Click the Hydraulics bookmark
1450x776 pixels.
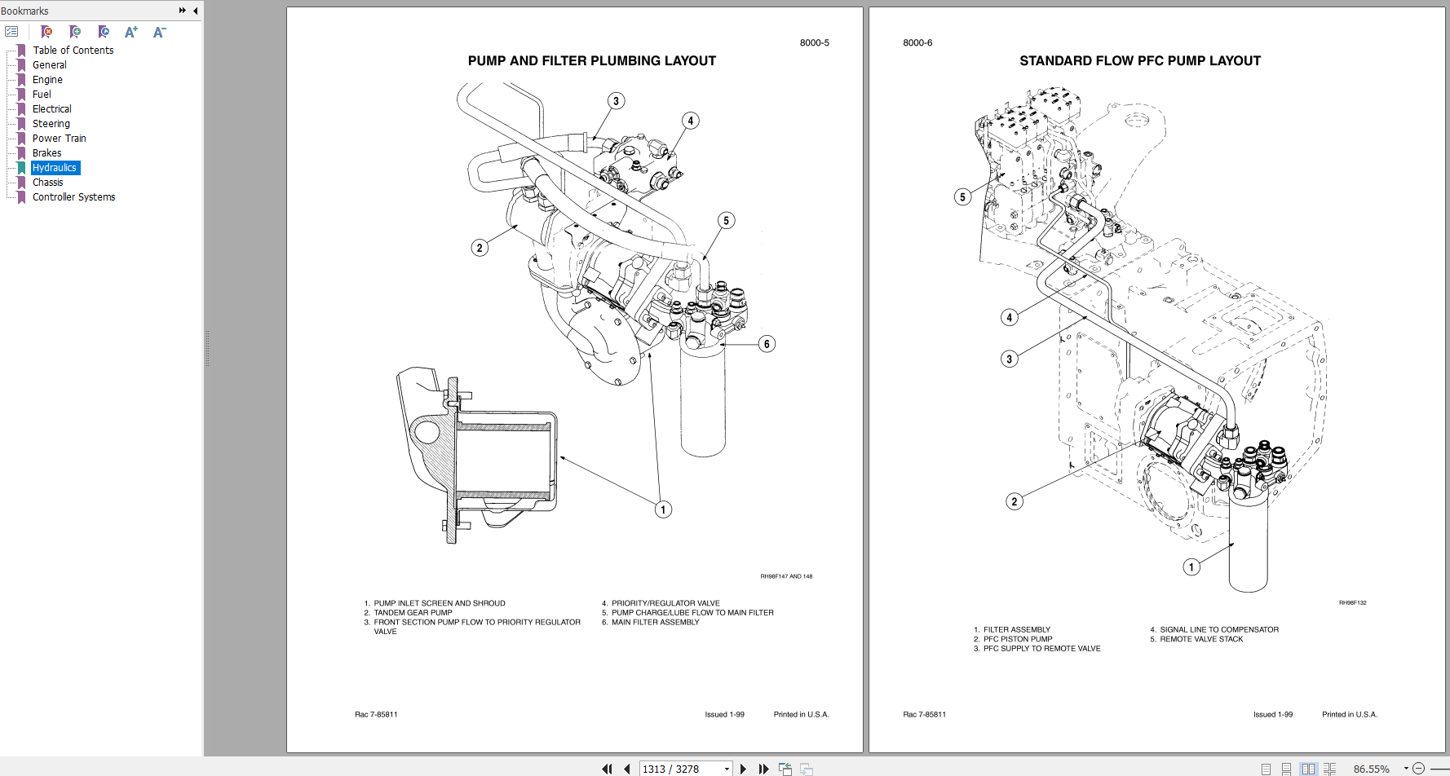pyautogui.click(x=55, y=168)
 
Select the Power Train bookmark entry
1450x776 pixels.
pyautogui.click(x=59, y=139)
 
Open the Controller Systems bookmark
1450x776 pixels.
pyautogui.click(x=73, y=197)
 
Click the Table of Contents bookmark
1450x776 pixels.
pyautogui.click(x=73, y=51)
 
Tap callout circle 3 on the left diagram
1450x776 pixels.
pyautogui.click(x=616, y=101)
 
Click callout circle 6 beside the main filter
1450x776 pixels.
pyautogui.click(x=767, y=344)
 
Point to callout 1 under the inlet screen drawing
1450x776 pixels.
pyautogui.click(x=663, y=509)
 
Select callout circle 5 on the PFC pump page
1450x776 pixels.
pyautogui.click(x=962, y=196)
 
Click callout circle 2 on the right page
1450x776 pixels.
pyautogui.click(x=1014, y=501)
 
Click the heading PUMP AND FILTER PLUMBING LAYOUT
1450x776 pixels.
pyautogui.click(x=591, y=61)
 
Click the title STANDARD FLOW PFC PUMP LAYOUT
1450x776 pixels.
pyautogui.click(x=1139, y=61)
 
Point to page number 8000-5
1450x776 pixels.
pyautogui.click(x=814, y=43)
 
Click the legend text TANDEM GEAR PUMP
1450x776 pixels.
pyautogui.click(x=413, y=613)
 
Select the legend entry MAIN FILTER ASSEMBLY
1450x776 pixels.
pyautogui.click(x=655, y=623)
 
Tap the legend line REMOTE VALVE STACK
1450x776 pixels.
pyautogui.click(x=1201, y=640)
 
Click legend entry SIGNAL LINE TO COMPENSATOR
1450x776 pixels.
pyautogui.click(x=1218, y=630)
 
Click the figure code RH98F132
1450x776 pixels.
pyautogui.click(x=1352, y=603)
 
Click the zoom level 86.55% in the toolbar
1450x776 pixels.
pyautogui.click(x=1371, y=769)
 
